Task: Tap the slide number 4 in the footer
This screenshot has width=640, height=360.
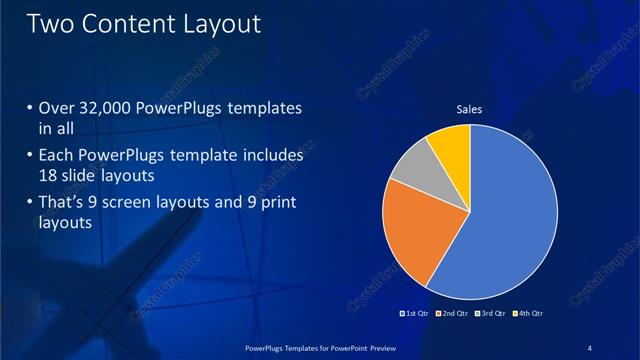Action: pyautogui.click(x=590, y=347)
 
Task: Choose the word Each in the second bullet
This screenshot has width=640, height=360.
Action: pyautogui.click(x=56, y=157)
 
